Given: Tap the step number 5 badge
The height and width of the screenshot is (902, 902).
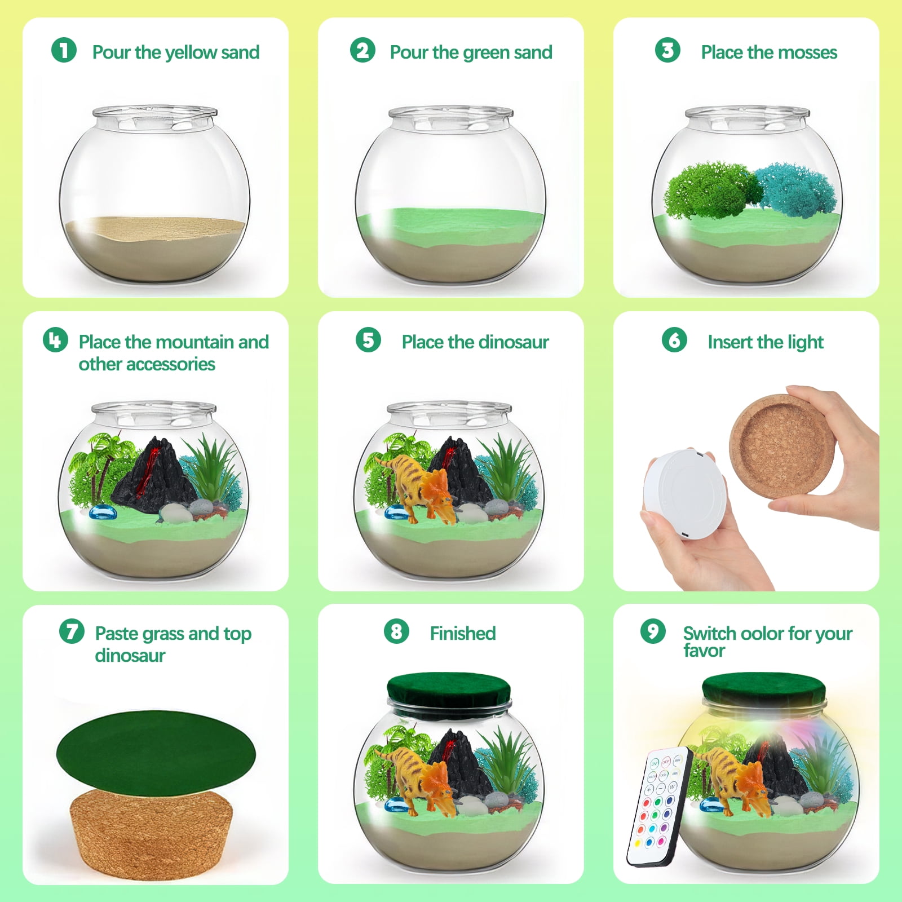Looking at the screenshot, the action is click(368, 340).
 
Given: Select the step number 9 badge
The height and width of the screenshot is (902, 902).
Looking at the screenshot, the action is click(653, 631).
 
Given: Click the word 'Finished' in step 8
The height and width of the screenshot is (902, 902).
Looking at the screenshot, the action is click(463, 633).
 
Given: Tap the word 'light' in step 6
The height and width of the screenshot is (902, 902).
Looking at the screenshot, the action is click(806, 342).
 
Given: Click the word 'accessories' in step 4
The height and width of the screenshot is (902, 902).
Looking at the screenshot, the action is click(147, 364).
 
